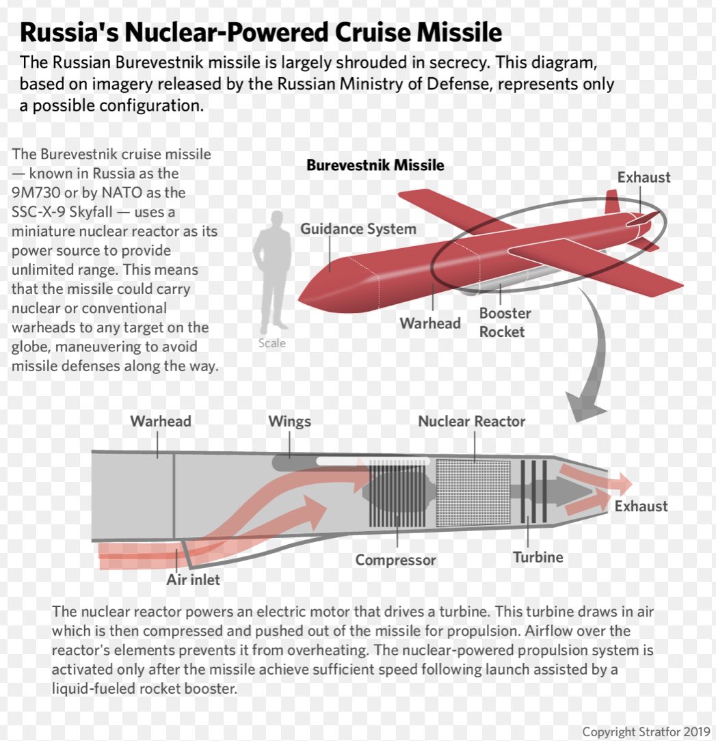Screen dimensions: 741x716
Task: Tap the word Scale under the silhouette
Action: tap(271, 343)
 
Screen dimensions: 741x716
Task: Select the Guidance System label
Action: tap(358, 229)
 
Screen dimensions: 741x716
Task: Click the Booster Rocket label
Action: tap(505, 323)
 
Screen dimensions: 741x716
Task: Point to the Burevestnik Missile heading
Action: tap(375, 165)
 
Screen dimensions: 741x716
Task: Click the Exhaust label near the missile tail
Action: tap(644, 178)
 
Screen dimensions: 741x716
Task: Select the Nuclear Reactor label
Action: tap(471, 421)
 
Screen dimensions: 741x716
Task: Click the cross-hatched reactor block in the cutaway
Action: tap(473, 492)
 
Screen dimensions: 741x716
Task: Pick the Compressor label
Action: tap(395, 561)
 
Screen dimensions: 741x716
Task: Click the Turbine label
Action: tap(538, 557)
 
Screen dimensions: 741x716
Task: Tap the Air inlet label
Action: tap(194, 580)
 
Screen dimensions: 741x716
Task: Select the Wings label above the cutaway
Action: tap(289, 421)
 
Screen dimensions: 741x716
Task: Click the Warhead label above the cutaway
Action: tap(161, 421)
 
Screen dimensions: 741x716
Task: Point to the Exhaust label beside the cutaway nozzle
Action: tap(641, 507)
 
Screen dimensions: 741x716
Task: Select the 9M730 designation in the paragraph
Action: tap(36, 193)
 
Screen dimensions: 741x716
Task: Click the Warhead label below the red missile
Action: tap(430, 323)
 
